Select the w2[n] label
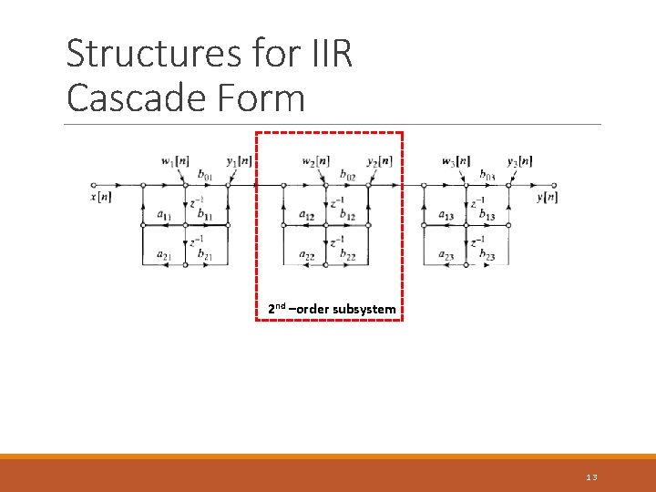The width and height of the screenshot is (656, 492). pyautogui.click(x=315, y=162)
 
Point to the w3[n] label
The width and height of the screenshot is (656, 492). pyautogui.click(x=456, y=162)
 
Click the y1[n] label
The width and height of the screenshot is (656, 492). pyautogui.click(x=239, y=162)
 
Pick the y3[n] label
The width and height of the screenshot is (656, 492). pyautogui.click(x=520, y=162)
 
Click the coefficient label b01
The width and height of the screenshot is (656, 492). pyautogui.click(x=206, y=176)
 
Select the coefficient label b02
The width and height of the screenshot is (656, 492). pyautogui.click(x=346, y=176)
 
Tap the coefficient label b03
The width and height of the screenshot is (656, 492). pyautogui.click(x=487, y=176)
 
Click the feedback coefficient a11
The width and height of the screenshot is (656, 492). pyautogui.click(x=165, y=216)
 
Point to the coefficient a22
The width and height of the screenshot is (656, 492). pyautogui.click(x=306, y=256)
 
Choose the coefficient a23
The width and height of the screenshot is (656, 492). pyautogui.click(x=446, y=256)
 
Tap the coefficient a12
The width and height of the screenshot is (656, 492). pyautogui.click(x=306, y=216)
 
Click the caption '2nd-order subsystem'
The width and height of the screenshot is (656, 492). pyautogui.click(x=333, y=309)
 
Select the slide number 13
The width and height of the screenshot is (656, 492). pyautogui.click(x=592, y=477)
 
